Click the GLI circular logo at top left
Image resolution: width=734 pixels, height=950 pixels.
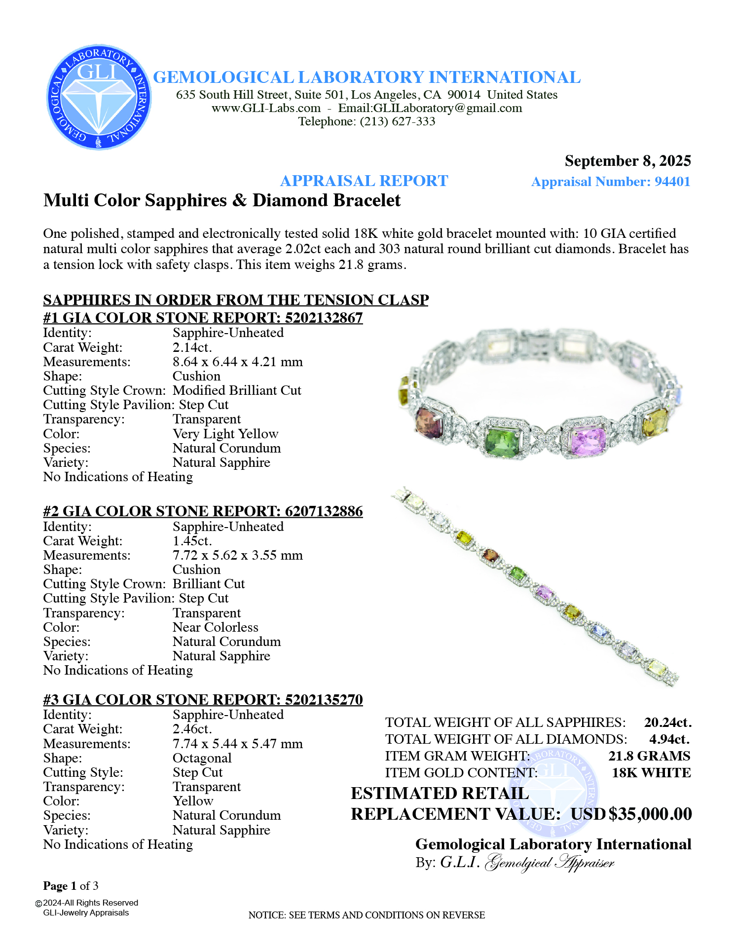pyautogui.click(x=99, y=97)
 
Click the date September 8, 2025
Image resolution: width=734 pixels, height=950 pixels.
pyautogui.click(x=627, y=161)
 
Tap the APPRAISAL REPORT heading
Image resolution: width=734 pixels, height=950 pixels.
pyautogui.click(x=364, y=181)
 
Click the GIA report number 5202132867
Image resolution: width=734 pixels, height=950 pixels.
pyautogui.click(x=324, y=317)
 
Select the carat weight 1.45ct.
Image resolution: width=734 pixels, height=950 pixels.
pyautogui.click(x=192, y=541)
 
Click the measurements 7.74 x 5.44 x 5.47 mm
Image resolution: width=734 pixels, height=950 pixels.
pyautogui.click(x=237, y=744)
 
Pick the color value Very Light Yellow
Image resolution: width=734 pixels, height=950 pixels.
pyautogui.click(x=225, y=434)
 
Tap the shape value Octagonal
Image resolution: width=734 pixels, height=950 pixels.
pyautogui.click(x=202, y=758)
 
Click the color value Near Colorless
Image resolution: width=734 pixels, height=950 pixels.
pyautogui.click(x=215, y=627)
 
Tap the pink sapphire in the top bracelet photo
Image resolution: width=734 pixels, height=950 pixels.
pyautogui.click(x=587, y=440)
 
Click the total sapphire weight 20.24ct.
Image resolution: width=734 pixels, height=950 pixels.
pyautogui.click(x=667, y=722)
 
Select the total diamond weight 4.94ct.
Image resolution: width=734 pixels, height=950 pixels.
pyautogui.click(x=669, y=739)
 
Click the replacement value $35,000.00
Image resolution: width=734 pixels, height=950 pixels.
pyautogui.click(x=650, y=814)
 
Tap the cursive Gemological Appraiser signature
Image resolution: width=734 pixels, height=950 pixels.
pyautogui.click(x=550, y=863)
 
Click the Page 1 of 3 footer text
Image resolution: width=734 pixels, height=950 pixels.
pyautogui.click(x=71, y=886)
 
